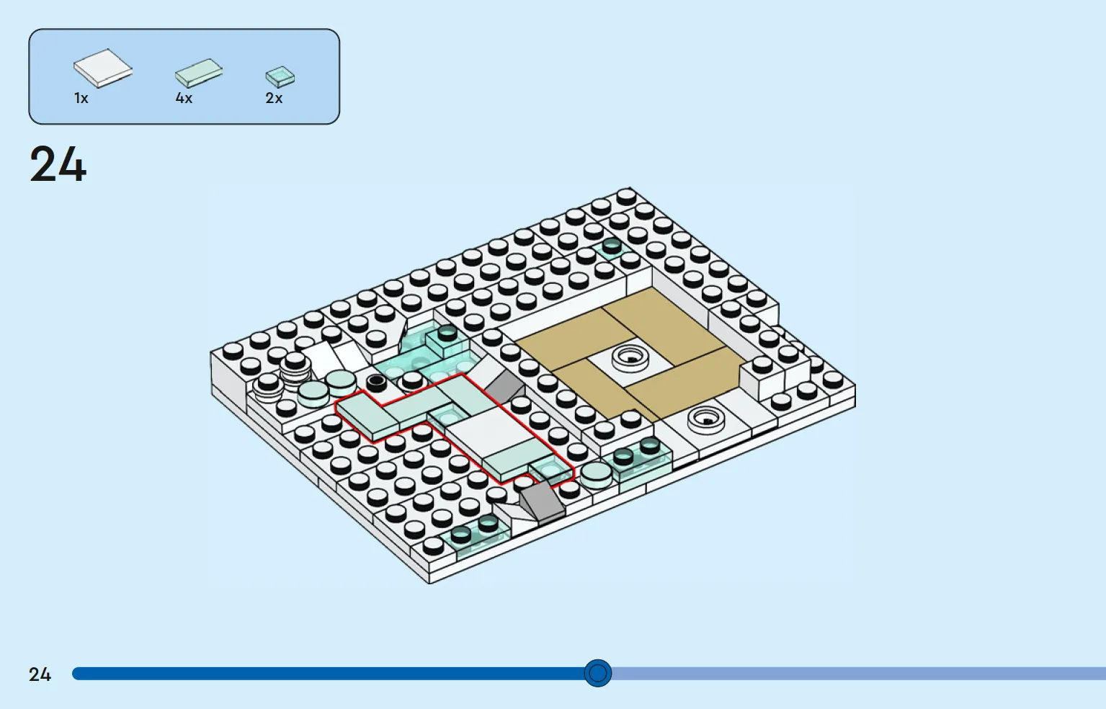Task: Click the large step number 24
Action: click(x=58, y=164)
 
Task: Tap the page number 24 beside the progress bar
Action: click(x=40, y=674)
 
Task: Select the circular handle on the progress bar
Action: click(x=597, y=673)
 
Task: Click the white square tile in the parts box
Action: click(x=103, y=68)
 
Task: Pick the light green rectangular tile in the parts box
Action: click(x=198, y=73)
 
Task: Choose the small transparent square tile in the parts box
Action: click(x=280, y=76)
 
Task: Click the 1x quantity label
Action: click(x=81, y=98)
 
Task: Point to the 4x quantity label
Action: click(x=184, y=98)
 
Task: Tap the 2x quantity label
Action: click(x=274, y=98)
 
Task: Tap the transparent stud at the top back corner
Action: click(x=612, y=246)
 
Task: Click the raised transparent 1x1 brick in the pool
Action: click(x=447, y=341)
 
